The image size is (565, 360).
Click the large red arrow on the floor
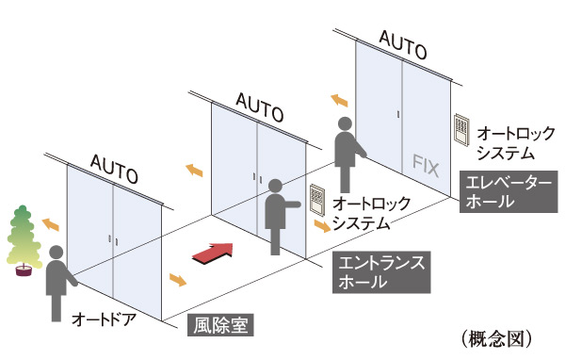click(212, 251)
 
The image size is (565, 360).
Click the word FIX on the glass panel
click(426, 164)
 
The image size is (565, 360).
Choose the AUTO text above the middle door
click(258, 105)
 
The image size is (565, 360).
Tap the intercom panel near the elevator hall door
click(461, 129)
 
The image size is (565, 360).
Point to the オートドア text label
click(105, 319)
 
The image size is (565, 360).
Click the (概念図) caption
click(501, 336)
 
